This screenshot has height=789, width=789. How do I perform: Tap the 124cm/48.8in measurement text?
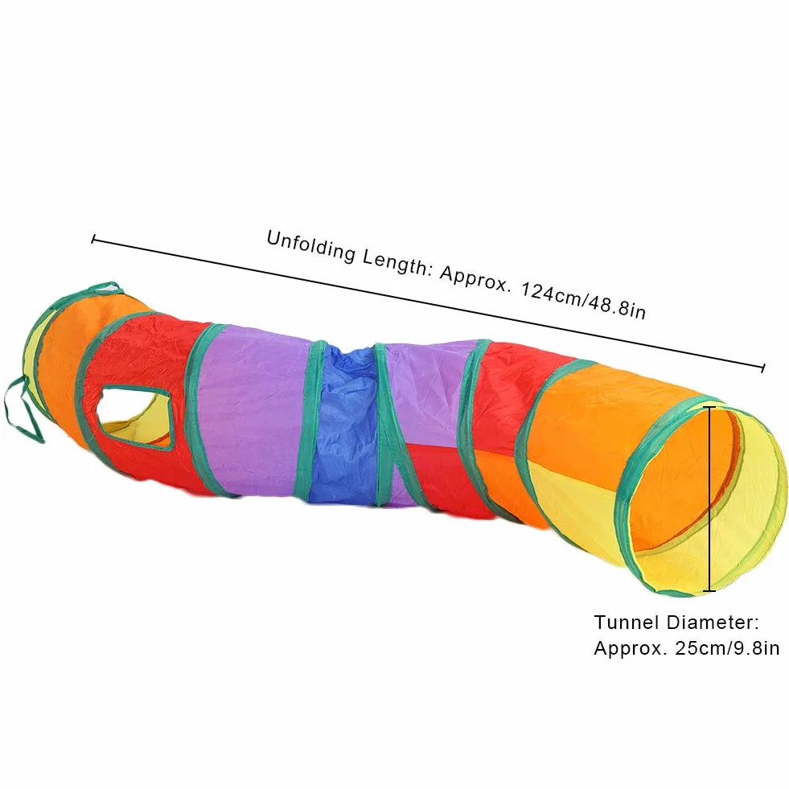tap(582, 302)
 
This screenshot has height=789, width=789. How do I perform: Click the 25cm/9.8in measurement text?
tap(727, 648)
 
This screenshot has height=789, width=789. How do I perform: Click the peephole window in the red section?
tap(135, 417)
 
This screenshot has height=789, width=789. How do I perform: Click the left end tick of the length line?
tap(93, 240)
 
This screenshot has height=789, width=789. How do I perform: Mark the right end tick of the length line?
tap(763, 368)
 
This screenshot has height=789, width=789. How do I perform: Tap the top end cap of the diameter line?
tap(709, 407)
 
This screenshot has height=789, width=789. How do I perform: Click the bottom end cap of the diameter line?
tap(709, 590)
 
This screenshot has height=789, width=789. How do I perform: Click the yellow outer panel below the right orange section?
tap(578, 508)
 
